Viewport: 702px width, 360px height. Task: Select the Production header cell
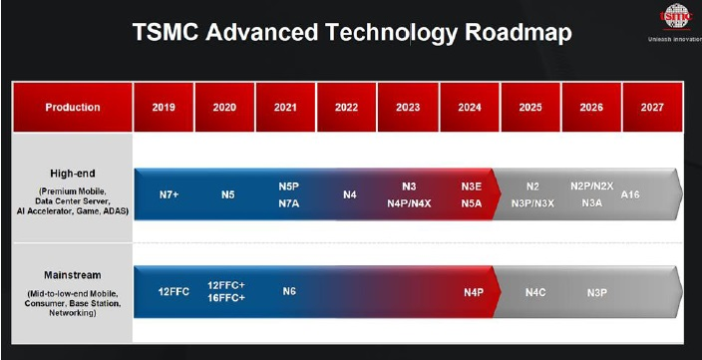73,107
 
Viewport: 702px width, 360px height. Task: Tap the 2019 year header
164,107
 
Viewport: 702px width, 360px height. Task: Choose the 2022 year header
346,107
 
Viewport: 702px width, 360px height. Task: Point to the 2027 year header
652,107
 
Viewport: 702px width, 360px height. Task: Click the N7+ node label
171,194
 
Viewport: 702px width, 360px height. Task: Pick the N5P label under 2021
289,186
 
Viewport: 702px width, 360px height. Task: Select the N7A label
289,202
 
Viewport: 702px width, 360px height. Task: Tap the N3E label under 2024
473,186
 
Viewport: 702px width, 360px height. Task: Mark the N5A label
473,202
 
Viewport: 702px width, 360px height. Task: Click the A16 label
630,194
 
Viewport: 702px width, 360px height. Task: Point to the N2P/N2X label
591,186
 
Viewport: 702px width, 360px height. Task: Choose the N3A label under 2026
591,202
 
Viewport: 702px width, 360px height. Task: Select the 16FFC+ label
227,299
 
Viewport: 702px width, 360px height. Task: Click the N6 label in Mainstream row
289,291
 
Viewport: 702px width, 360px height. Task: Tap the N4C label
535,291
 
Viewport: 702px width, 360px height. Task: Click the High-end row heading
72,172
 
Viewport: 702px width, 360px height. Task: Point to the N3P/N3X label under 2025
533,202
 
